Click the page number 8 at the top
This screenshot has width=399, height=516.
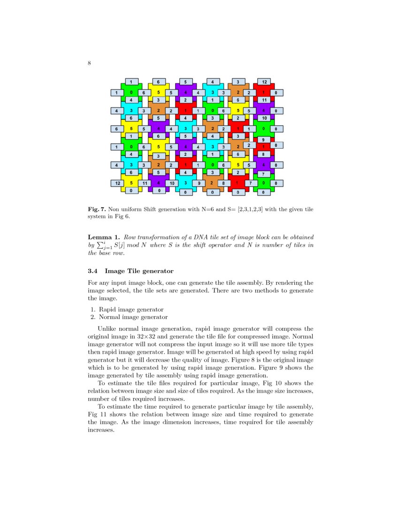pos(89,63)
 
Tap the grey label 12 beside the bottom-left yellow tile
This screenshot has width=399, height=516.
pos(117,183)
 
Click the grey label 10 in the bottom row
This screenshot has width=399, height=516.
pos(172,183)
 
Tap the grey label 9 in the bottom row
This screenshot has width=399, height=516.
pos(199,183)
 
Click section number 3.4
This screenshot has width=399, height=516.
pos(93,271)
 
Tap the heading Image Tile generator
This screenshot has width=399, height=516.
pos(139,271)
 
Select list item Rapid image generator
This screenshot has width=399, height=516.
pos(131,310)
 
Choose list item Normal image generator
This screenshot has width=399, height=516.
pos(133,317)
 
